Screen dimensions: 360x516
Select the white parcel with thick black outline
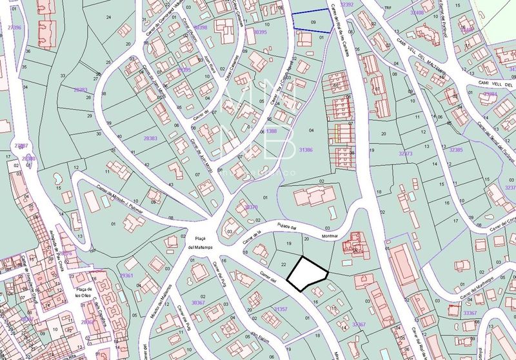coord(307,272)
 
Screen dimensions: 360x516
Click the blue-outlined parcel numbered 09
coord(313,22)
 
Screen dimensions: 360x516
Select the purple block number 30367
coord(203,302)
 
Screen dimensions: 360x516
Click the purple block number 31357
coord(281,310)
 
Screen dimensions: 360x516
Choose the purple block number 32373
coord(406,154)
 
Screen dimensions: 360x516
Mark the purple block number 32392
coord(347,5)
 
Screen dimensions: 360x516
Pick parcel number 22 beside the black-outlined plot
coord(284,265)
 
